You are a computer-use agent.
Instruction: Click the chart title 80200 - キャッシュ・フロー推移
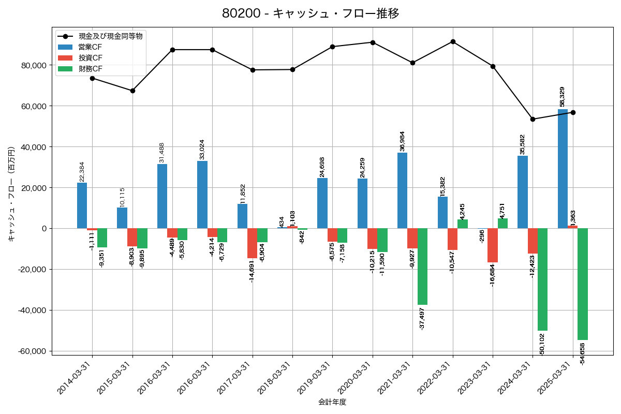(310, 13)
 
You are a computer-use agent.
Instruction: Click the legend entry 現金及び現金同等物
(110, 36)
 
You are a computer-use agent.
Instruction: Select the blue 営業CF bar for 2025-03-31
(563, 169)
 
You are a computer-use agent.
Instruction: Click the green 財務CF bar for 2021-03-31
(422, 267)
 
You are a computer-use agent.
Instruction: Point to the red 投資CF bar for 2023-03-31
(493, 245)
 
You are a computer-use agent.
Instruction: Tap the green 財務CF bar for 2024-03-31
(542, 279)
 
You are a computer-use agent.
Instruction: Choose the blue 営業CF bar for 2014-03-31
(82, 205)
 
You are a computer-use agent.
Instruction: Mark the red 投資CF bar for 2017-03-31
(252, 243)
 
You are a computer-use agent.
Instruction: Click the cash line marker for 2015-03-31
(132, 91)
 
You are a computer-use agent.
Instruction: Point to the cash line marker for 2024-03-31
(533, 119)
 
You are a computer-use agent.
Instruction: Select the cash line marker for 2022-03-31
(453, 41)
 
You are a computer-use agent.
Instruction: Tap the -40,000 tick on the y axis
(31, 310)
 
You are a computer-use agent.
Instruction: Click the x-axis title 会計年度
(332, 402)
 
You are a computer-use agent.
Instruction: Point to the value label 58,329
(563, 97)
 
